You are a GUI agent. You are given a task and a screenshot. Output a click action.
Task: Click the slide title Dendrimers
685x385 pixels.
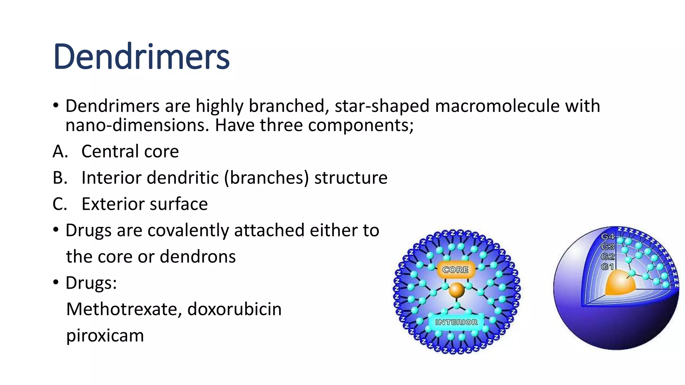(141, 57)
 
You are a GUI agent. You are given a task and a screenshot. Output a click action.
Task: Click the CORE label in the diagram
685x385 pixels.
(455, 270)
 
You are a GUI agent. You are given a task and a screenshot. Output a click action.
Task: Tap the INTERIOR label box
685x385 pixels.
(456, 322)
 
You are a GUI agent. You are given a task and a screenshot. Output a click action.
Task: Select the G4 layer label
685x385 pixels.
(608, 237)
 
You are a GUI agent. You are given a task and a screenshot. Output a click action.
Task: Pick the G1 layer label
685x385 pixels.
(607, 267)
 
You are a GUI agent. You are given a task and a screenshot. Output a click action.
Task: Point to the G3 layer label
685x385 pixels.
(608, 247)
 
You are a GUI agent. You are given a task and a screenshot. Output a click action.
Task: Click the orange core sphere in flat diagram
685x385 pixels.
(457, 290)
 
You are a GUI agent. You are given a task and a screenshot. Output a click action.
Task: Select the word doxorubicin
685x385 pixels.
(234, 309)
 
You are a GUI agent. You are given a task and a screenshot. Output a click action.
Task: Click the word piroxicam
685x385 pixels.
(105, 335)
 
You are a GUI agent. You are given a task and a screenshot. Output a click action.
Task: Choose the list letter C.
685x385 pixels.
(60, 204)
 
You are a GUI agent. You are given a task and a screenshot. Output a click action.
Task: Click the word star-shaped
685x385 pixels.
(382, 106)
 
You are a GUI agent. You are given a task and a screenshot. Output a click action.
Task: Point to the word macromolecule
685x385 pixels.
(497, 106)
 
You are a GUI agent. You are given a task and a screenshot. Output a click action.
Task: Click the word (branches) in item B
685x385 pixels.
(266, 177)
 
